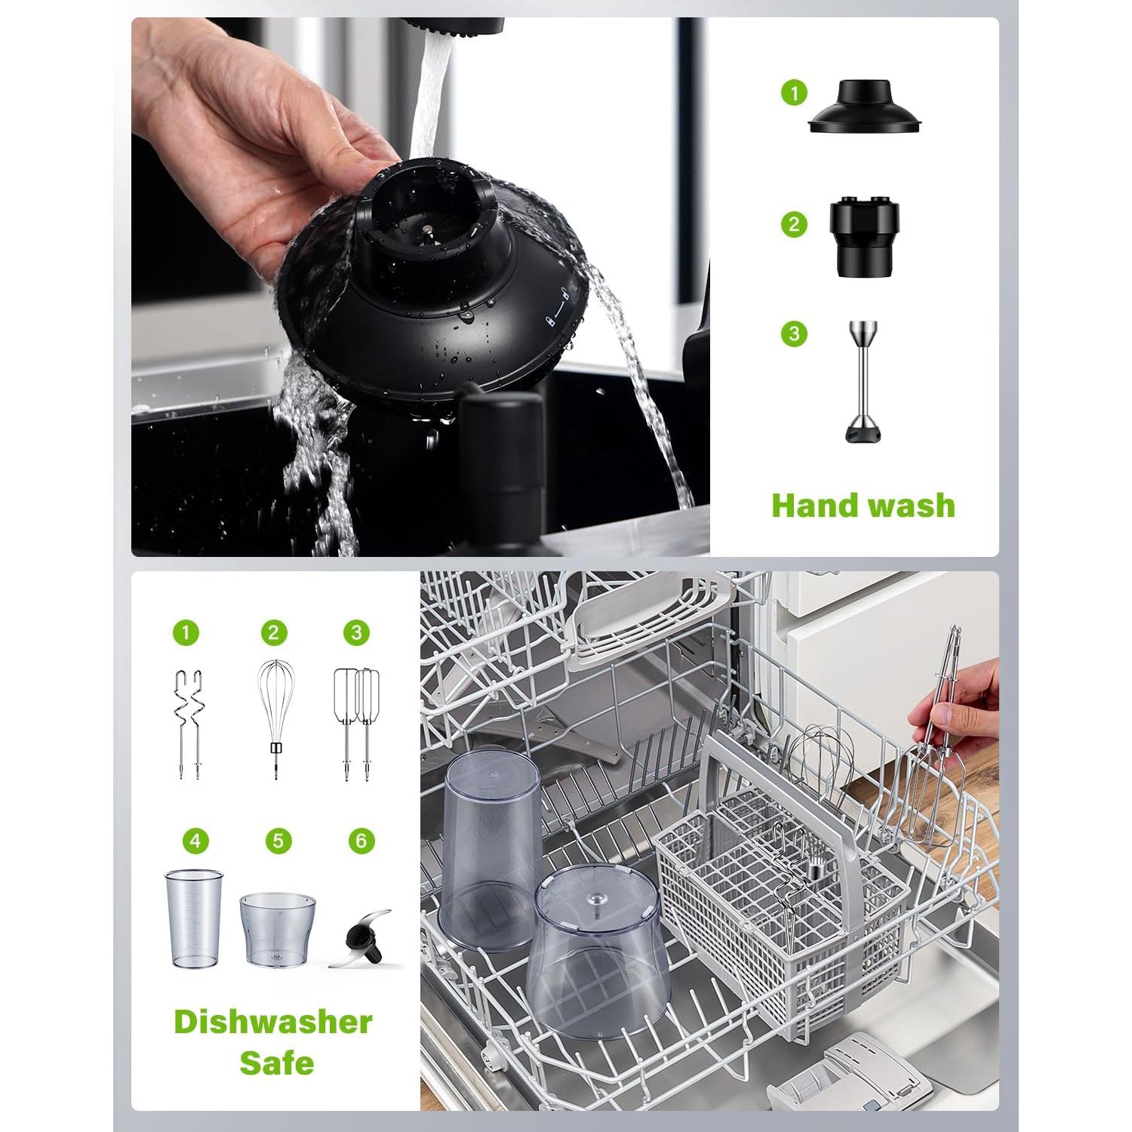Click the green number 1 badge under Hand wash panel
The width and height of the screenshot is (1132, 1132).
click(794, 94)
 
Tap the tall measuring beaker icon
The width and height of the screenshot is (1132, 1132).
click(194, 918)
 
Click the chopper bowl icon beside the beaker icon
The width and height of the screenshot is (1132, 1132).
click(277, 929)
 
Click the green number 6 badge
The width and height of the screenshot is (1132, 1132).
click(361, 841)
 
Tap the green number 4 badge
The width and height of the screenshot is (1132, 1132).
click(195, 841)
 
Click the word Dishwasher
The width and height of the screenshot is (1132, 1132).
click(273, 1022)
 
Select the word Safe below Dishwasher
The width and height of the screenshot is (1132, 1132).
click(276, 1063)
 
